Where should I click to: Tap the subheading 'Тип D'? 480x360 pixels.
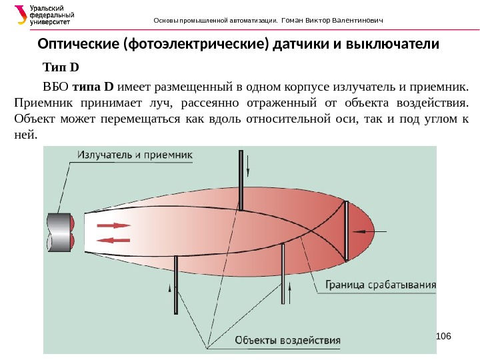[61, 67]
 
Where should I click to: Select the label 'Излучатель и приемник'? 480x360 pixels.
[135, 155]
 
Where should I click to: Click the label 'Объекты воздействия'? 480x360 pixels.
[287, 340]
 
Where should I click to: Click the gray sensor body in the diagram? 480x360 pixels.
[60, 232]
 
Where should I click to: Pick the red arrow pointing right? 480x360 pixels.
[114, 225]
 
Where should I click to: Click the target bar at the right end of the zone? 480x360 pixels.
[345, 230]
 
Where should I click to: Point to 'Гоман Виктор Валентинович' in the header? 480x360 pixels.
[333, 19]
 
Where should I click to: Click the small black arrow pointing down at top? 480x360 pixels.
[249, 163]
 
